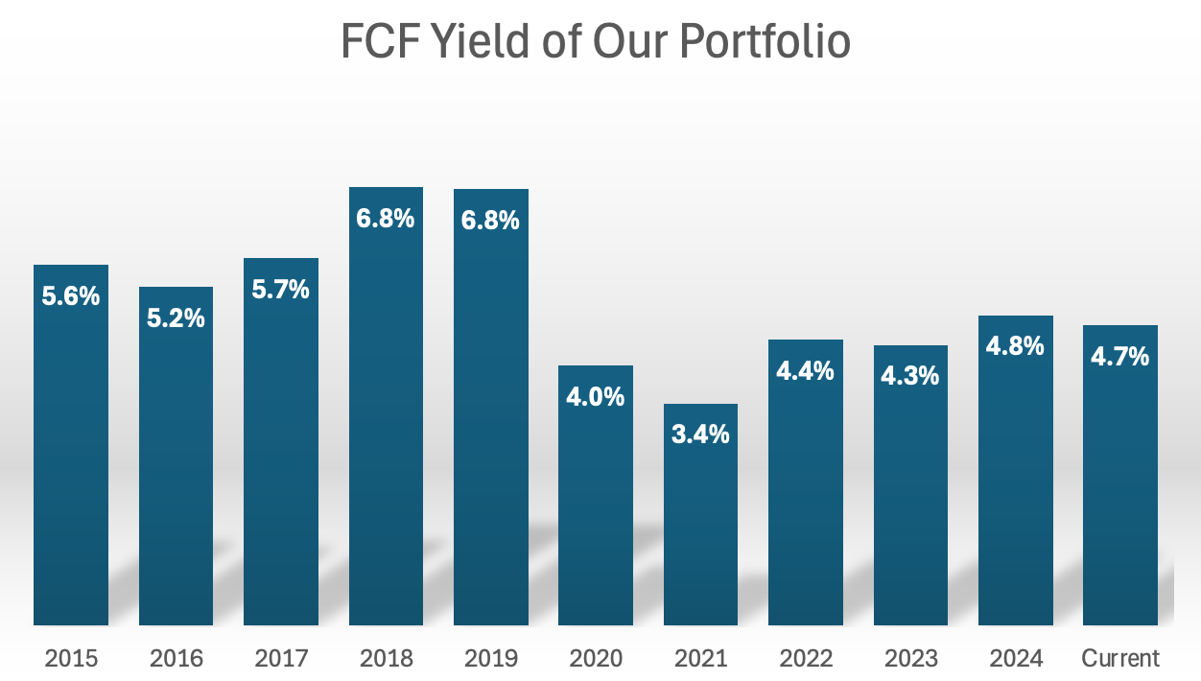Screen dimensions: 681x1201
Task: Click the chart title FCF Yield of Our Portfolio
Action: click(x=596, y=43)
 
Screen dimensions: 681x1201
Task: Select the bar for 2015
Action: click(x=71, y=460)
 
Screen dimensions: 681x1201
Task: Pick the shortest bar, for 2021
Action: click(x=701, y=528)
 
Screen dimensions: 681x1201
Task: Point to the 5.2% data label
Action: click(x=176, y=318)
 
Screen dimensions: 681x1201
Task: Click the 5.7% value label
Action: click(x=281, y=290)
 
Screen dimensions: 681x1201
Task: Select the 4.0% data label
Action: click(x=596, y=396)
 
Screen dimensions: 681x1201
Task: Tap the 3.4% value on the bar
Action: click(x=701, y=434)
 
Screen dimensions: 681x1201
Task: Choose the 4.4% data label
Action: click(x=806, y=370)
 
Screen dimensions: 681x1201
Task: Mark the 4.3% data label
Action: click(x=910, y=376)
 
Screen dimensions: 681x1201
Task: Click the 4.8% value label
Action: click(x=1015, y=346)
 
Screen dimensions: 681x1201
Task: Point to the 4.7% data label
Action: click(x=1119, y=357)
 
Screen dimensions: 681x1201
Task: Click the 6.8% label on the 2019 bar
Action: click(x=491, y=220)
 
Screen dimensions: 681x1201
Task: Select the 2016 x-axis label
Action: click(x=177, y=659)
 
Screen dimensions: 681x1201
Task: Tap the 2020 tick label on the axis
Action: click(x=596, y=659)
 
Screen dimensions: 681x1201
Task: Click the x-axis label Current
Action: click(x=1120, y=659)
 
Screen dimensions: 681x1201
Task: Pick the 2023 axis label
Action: click(x=910, y=659)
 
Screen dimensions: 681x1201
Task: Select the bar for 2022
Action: click(x=806, y=499)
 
